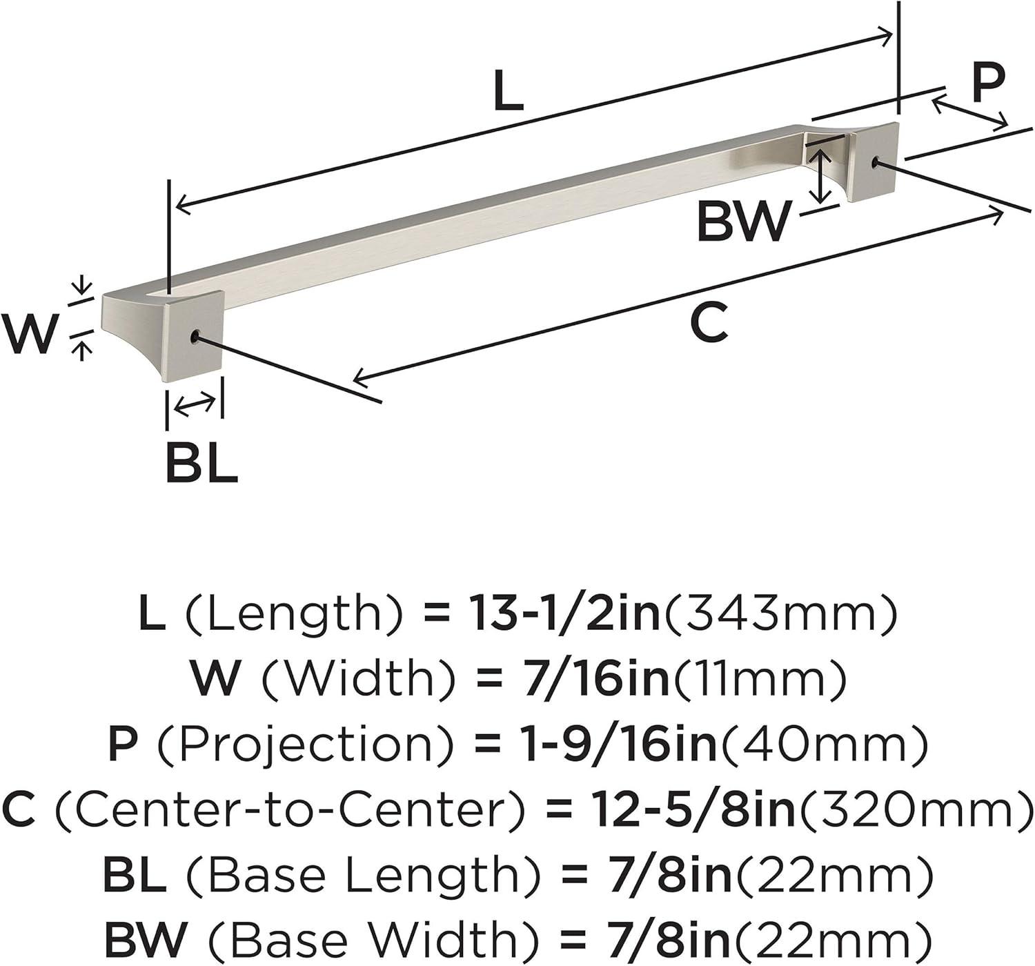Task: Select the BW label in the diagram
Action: click(742, 223)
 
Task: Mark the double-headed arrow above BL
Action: click(195, 404)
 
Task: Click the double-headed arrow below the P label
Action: click(970, 114)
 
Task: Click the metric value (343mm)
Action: click(779, 614)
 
